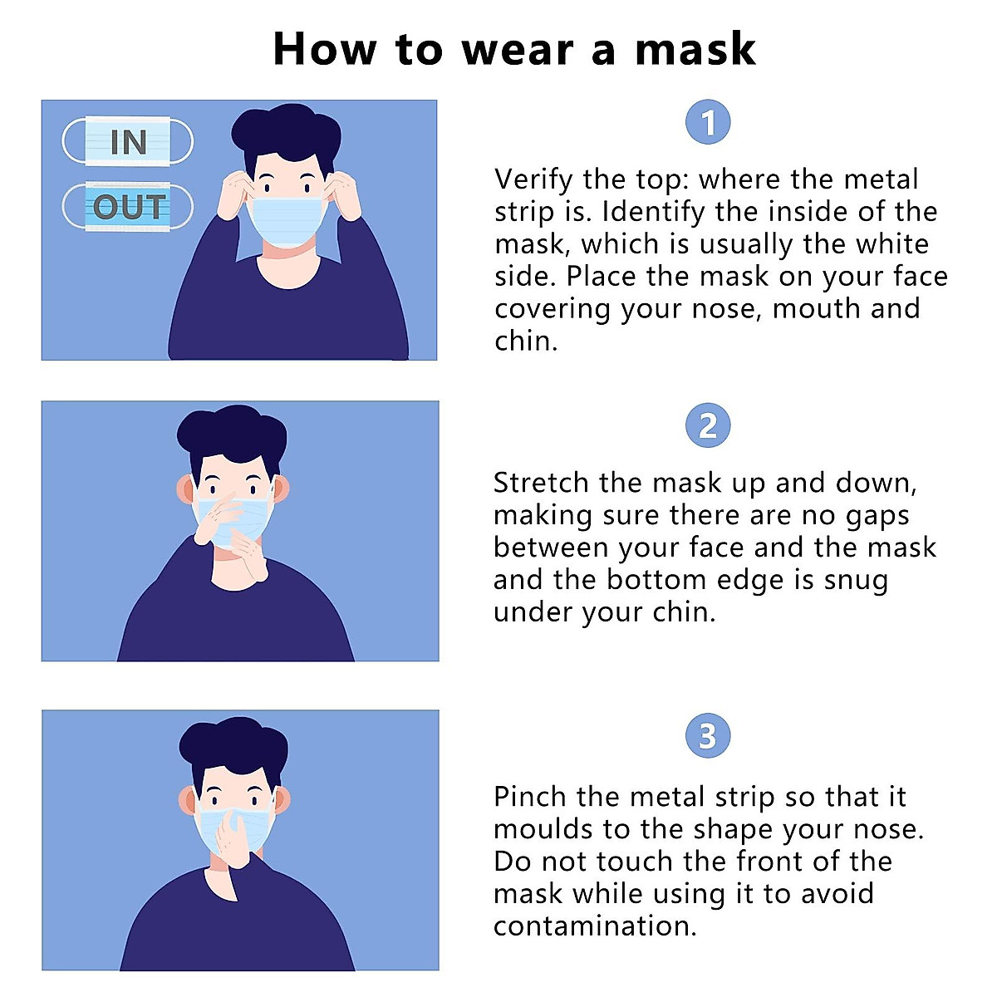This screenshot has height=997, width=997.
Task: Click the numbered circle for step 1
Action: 708,123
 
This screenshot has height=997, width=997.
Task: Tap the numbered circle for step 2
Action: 708,426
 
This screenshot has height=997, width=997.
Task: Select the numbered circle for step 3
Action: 708,736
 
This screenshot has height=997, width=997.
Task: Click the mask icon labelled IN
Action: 128,142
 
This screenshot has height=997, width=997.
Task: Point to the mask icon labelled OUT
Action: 128,207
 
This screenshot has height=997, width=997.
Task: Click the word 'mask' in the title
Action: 695,50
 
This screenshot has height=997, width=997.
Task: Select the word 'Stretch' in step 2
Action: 541,483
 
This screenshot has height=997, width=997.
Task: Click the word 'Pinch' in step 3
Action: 529,797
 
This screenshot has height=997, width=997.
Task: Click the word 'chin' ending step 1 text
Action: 523,341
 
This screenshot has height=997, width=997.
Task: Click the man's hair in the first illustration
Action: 286,133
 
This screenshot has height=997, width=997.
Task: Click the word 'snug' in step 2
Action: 856,580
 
